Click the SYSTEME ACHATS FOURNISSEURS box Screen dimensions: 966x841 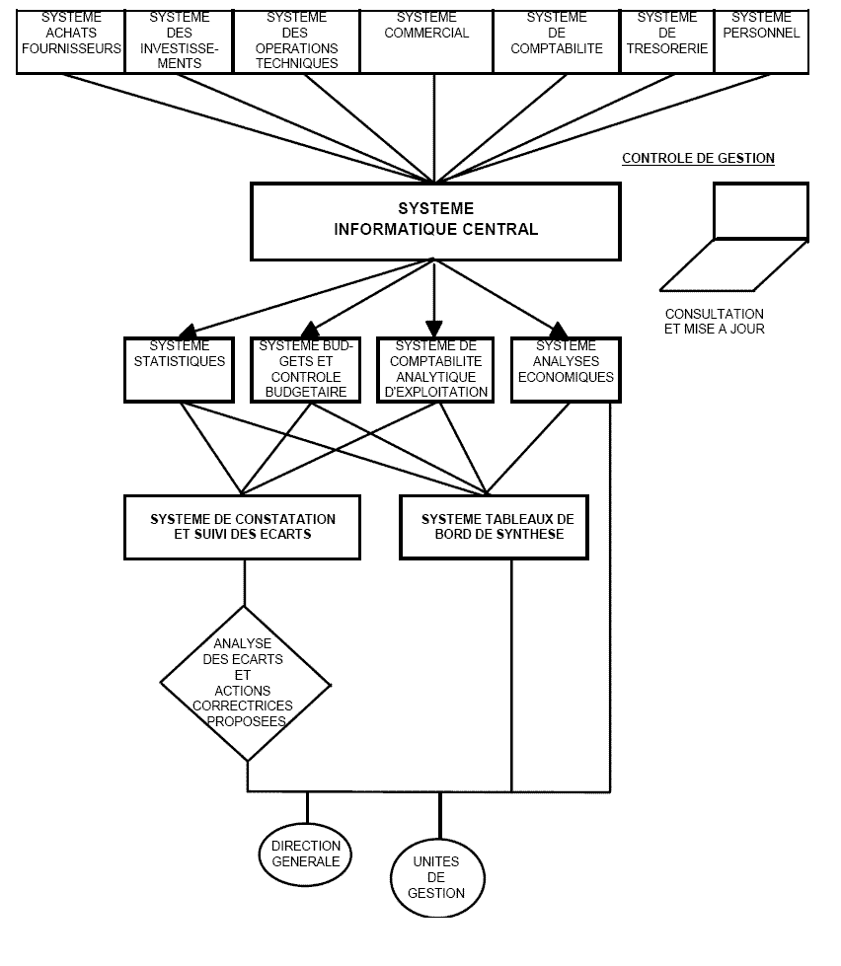(70, 39)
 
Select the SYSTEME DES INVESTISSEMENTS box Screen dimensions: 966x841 (179, 39)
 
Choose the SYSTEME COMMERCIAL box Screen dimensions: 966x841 (425, 39)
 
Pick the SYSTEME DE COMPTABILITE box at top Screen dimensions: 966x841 (556, 39)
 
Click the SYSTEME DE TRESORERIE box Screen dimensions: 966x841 (666, 39)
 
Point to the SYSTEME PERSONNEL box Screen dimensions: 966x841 (761, 39)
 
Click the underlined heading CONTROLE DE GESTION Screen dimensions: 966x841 (698, 158)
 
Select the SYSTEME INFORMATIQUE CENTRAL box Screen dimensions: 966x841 (435, 220)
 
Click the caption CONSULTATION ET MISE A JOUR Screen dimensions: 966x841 (714, 321)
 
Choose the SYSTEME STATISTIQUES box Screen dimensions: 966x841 (179, 369)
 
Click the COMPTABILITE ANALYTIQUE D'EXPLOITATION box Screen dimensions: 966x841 (434, 369)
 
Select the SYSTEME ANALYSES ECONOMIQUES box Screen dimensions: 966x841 (566, 369)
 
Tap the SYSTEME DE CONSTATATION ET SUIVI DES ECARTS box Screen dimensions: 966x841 (242, 526)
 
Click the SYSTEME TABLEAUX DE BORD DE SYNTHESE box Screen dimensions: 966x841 (497, 526)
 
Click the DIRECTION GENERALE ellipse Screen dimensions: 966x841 (306, 854)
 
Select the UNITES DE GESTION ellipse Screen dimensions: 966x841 (437, 877)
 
